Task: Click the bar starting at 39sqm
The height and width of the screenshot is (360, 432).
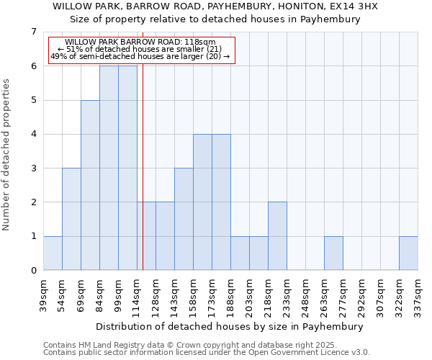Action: (x=53, y=253)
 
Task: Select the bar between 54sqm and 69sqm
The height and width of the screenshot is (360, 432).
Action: (x=71, y=219)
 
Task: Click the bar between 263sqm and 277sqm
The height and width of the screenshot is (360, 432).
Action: (x=333, y=253)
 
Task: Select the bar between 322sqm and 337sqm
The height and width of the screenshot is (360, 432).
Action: (x=408, y=253)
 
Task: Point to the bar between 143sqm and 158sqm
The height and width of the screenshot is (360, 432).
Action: (x=184, y=219)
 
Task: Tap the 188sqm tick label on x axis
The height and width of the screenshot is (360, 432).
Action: (x=231, y=295)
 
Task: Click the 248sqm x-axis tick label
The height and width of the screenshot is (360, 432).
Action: (x=306, y=295)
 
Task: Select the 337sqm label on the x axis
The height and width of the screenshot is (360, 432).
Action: (x=418, y=295)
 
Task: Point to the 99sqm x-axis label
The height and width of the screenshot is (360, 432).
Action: (x=119, y=295)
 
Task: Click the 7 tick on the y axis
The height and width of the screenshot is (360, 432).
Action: (x=33, y=32)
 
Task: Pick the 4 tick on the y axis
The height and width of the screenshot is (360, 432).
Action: (x=33, y=134)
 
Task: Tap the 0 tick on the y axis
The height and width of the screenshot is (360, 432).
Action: (x=33, y=271)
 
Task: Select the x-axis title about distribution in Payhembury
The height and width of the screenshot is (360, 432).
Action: (x=230, y=326)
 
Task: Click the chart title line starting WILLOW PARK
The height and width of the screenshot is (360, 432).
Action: (x=215, y=6)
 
